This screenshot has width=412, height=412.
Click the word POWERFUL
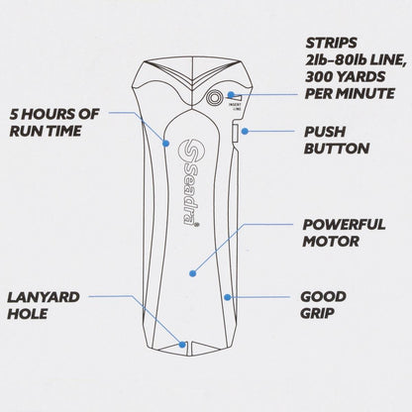(x=345, y=225)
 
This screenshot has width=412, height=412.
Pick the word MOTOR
(x=329, y=243)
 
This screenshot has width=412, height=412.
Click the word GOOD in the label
(x=324, y=296)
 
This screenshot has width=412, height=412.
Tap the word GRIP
(x=319, y=314)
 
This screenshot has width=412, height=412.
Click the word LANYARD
(x=45, y=296)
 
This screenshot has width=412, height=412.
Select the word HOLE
(x=31, y=314)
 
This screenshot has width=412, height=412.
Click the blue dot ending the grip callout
(x=227, y=296)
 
